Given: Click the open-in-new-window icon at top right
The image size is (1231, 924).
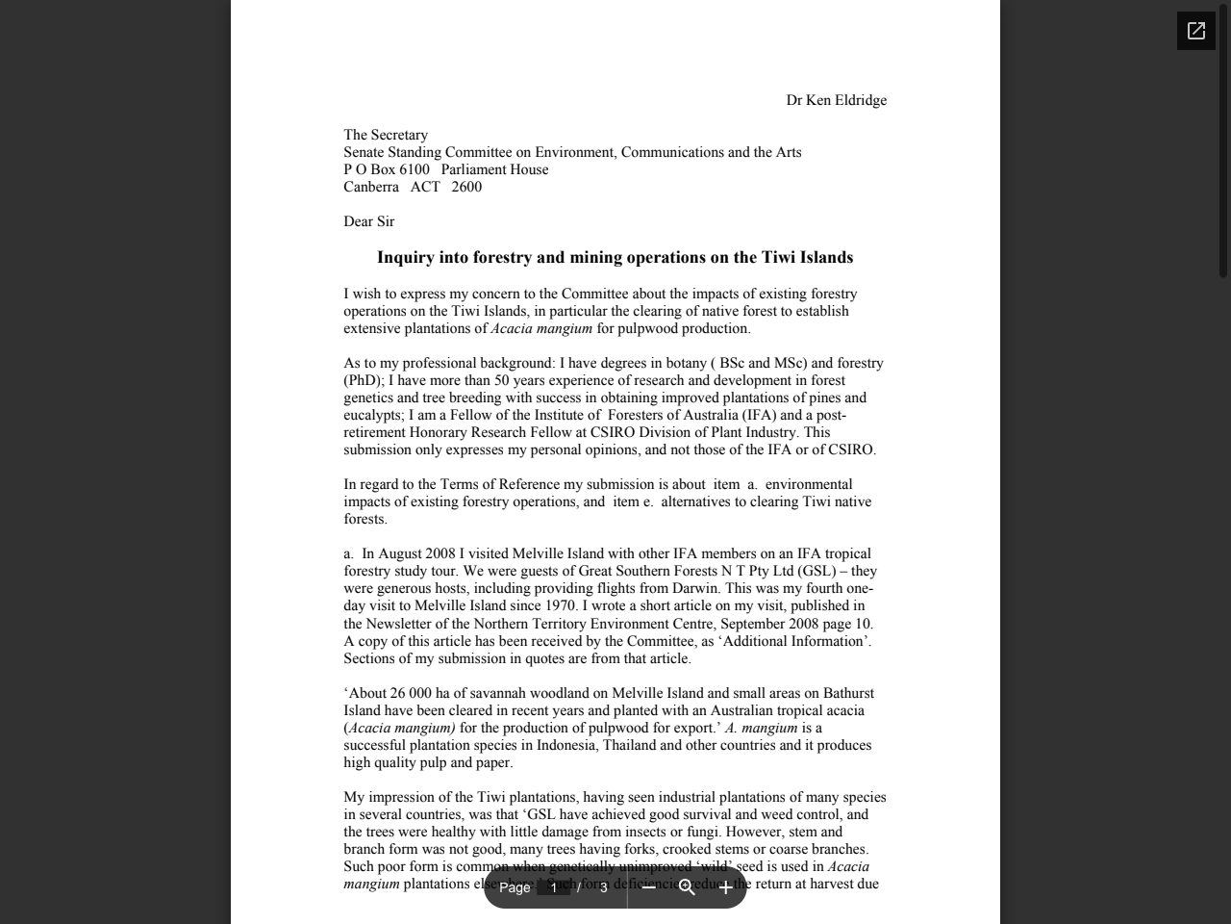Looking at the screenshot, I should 1195,31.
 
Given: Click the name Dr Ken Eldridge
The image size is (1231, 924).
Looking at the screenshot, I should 836,100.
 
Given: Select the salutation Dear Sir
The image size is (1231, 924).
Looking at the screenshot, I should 368,221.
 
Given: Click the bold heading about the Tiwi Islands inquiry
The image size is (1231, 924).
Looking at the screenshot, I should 615,257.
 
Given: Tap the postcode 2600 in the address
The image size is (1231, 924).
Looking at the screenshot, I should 466,187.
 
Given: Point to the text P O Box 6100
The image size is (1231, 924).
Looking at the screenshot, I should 387,169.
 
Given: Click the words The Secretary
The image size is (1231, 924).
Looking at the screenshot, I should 386,135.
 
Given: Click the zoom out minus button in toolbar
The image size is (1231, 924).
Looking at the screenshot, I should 648,887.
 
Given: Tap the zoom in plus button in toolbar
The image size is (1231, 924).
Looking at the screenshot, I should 725,887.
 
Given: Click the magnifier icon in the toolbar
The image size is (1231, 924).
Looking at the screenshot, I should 687,887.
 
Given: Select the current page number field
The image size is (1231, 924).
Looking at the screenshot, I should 554,887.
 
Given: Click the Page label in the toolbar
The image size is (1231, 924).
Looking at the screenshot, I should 515,887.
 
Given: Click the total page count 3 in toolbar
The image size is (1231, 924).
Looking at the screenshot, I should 604,887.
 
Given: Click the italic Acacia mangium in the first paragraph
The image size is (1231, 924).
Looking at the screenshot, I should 541,328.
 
